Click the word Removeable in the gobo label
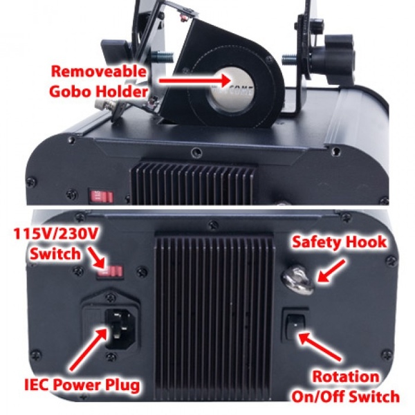click(x=98, y=71)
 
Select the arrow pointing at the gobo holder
click(x=194, y=80)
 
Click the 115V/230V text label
click(x=56, y=234)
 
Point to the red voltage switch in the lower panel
click(x=110, y=272)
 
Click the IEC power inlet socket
click(x=118, y=328)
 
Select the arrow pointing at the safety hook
click(x=331, y=271)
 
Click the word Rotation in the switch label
click(x=346, y=376)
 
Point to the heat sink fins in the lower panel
click(x=214, y=315)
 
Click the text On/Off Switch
click(x=345, y=396)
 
